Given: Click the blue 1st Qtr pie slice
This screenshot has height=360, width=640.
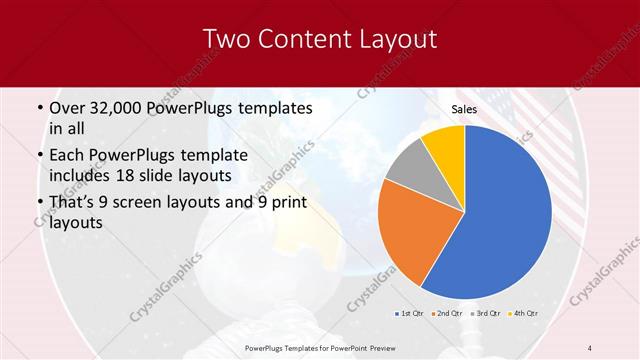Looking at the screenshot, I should (505, 210).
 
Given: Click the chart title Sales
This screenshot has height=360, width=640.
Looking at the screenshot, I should (464, 108).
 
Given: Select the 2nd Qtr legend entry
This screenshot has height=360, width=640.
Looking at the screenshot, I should (446, 315).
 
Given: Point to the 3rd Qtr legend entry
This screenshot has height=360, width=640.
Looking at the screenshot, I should (487, 315).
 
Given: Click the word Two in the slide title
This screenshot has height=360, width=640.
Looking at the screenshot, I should (227, 40).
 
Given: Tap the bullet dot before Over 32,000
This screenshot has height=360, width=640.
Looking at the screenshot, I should (38, 107).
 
